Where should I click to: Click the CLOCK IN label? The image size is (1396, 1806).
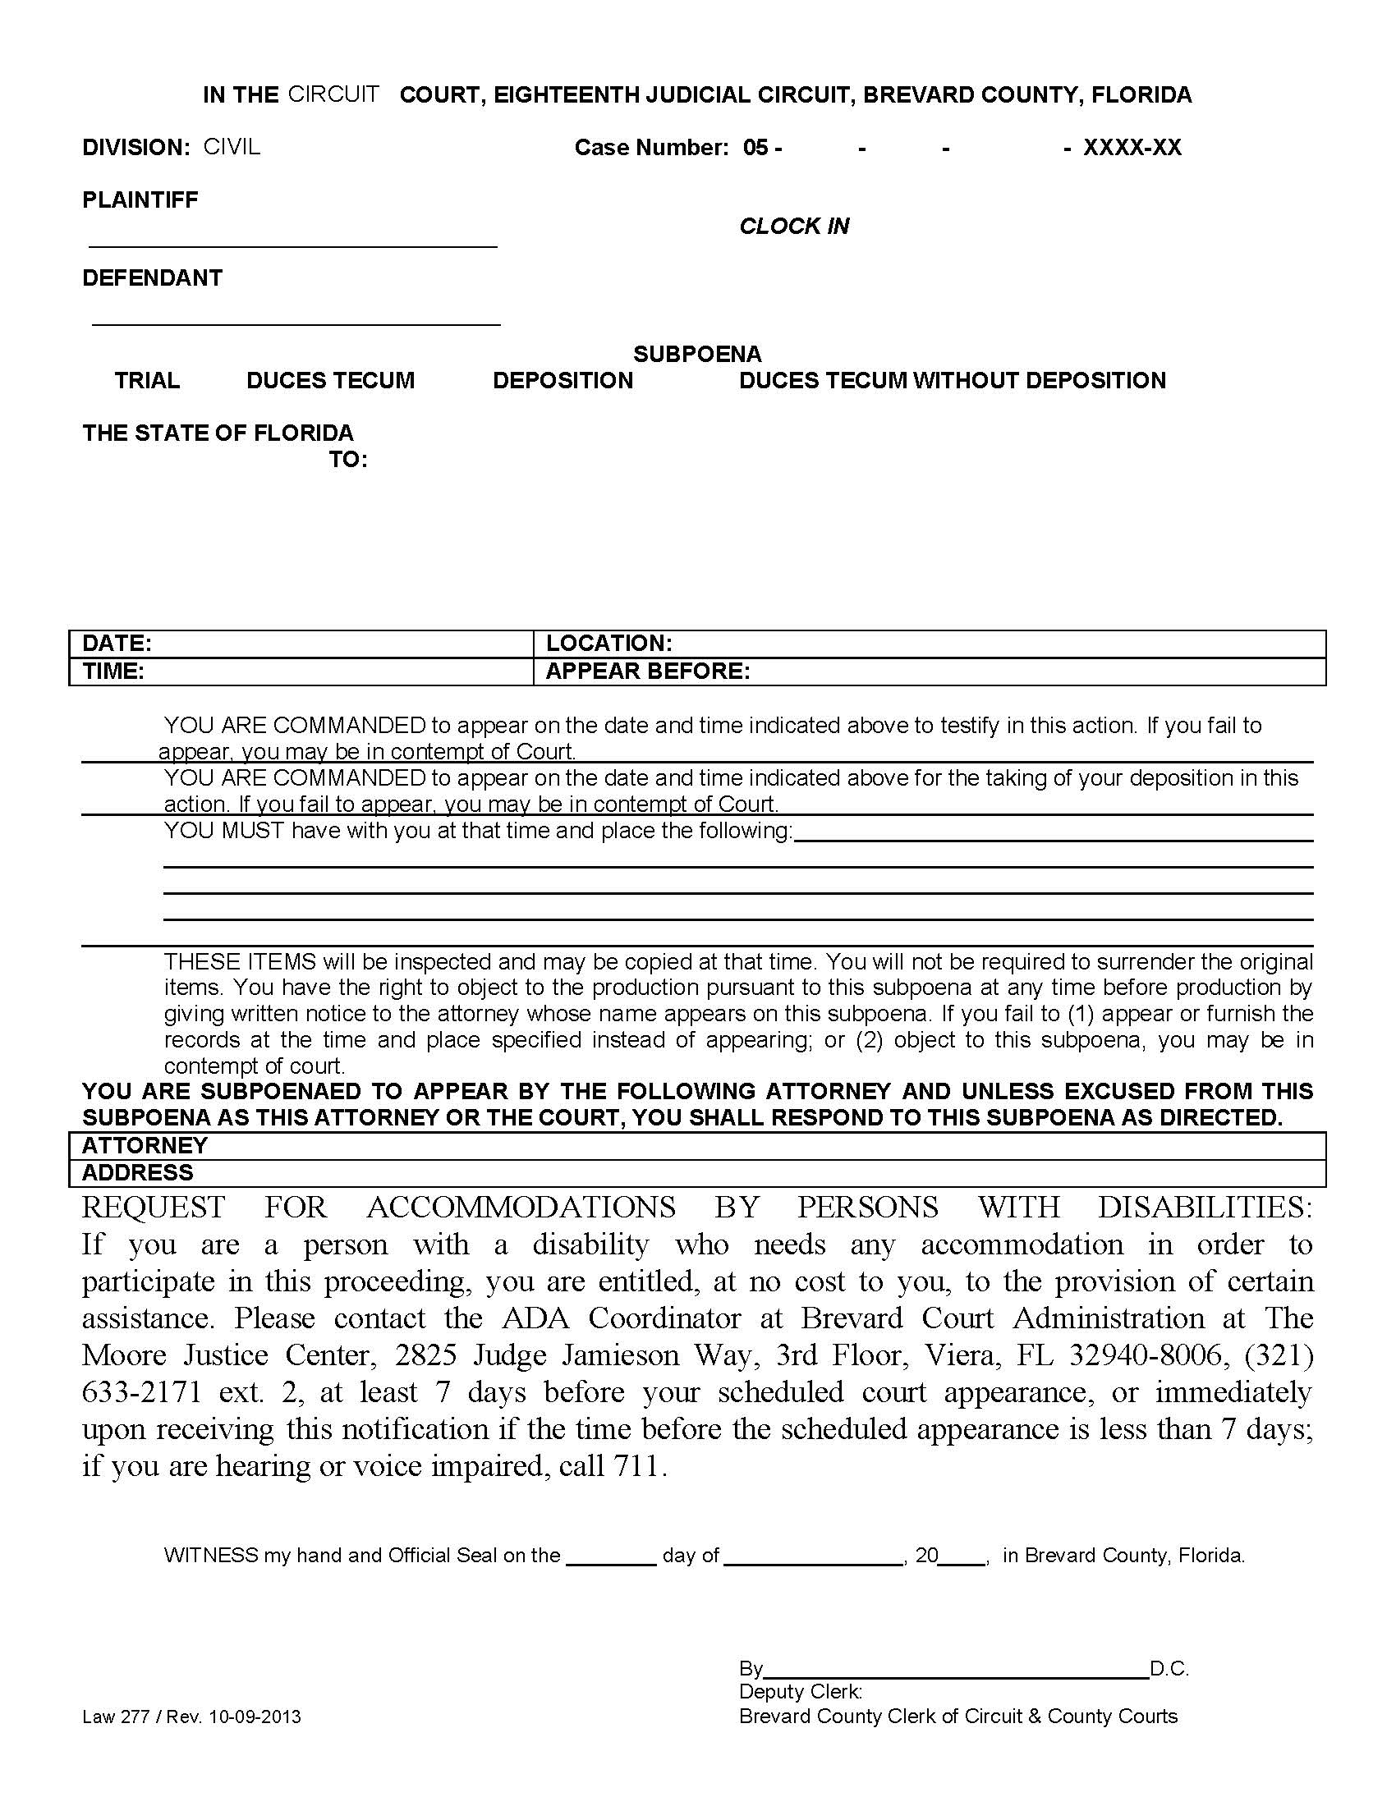[x=793, y=227]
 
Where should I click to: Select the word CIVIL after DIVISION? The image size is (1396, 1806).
[x=232, y=147]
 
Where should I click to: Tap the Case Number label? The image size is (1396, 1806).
[x=651, y=148]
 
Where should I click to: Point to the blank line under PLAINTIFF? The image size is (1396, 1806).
[x=292, y=245]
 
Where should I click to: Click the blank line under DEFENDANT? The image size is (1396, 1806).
[x=296, y=323]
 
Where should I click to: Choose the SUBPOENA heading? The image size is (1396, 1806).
[x=696, y=355]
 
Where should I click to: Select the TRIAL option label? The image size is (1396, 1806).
[x=147, y=381]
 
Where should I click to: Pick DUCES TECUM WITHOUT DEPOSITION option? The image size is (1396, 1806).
[x=952, y=381]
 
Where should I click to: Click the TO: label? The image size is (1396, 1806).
[x=348, y=460]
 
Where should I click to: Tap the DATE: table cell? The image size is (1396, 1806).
[x=301, y=644]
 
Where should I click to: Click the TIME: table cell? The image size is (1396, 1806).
[x=301, y=672]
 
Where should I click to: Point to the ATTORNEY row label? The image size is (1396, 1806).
[x=145, y=1145]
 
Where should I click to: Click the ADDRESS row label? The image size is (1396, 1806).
[x=137, y=1172]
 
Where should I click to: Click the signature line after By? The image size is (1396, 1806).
[x=956, y=1668]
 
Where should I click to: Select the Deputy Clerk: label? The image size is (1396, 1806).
[x=801, y=1693]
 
